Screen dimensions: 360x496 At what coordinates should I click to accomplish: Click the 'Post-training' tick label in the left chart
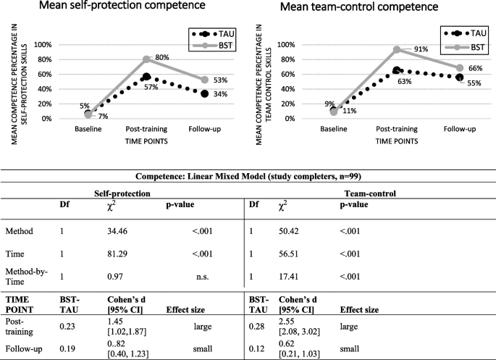[x=148, y=129]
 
